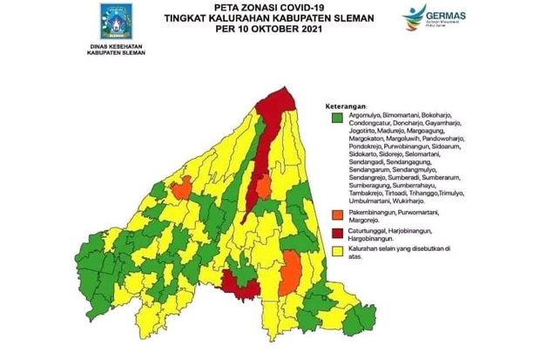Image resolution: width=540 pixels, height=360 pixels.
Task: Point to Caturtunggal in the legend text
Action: pos(369,230)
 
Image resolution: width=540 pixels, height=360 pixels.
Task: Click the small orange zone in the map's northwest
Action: pos(180,189)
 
